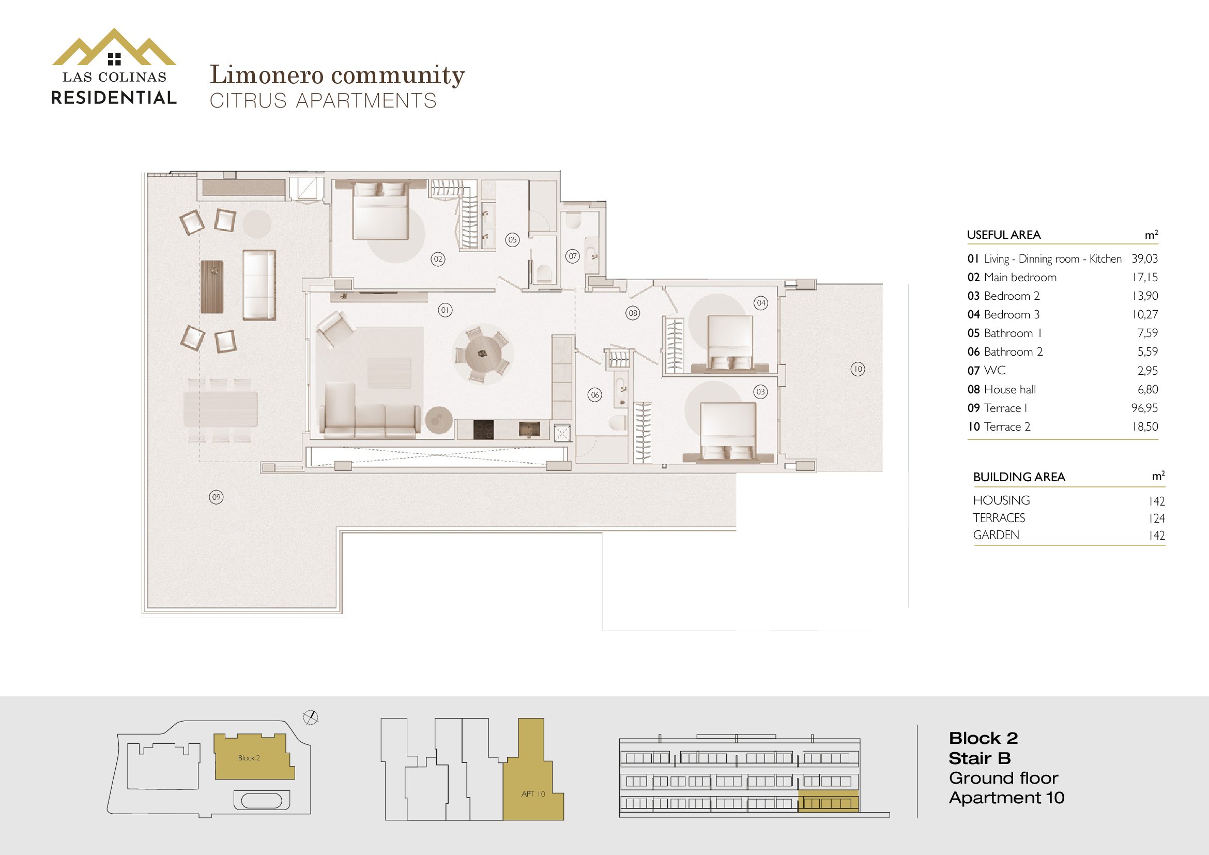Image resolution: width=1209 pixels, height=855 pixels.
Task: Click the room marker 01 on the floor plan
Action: pyautogui.click(x=446, y=310)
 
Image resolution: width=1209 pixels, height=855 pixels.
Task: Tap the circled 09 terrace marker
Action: pyautogui.click(x=217, y=497)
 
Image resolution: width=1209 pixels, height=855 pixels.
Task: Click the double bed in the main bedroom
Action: pyautogui.click(x=380, y=210)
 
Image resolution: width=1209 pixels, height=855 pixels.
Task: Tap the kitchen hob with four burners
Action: pyautogui.click(x=483, y=430)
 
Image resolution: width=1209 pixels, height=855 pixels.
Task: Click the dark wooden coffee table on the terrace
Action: pyautogui.click(x=212, y=287)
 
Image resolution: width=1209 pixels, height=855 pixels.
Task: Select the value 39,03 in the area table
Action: pyautogui.click(x=1145, y=258)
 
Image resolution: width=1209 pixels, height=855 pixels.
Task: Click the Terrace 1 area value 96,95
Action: pyautogui.click(x=1145, y=408)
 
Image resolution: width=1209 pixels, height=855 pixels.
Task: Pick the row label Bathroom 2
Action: pyautogui.click(x=1013, y=352)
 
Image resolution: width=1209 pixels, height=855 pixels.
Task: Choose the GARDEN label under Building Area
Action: pyautogui.click(x=996, y=535)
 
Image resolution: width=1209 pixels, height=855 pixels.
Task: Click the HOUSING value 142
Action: pyautogui.click(x=1157, y=501)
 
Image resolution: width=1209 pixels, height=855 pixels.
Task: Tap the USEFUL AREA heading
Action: pyautogui.click(x=1004, y=235)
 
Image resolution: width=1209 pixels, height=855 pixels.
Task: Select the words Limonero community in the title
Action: pyautogui.click(x=338, y=75)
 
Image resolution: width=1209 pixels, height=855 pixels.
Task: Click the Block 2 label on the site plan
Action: pyautogui.click(x=249, y=758)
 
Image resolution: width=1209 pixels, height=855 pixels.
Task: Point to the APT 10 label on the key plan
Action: pyautogui.click(x=533, y=794)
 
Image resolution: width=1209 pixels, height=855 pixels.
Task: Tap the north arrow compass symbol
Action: pyautogui.click(x=311, y=717)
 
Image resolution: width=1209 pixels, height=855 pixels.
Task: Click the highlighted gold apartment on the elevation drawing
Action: pyautogui.click(x=828, y=801)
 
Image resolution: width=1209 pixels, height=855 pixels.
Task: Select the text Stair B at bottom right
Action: pyautogui.click(x=980, y=758)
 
